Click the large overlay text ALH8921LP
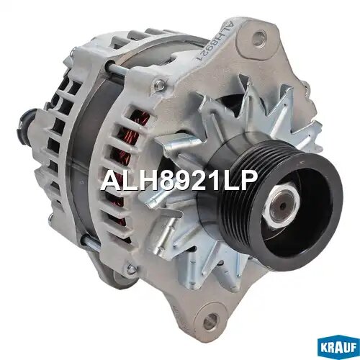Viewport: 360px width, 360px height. (x=178, y=181)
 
